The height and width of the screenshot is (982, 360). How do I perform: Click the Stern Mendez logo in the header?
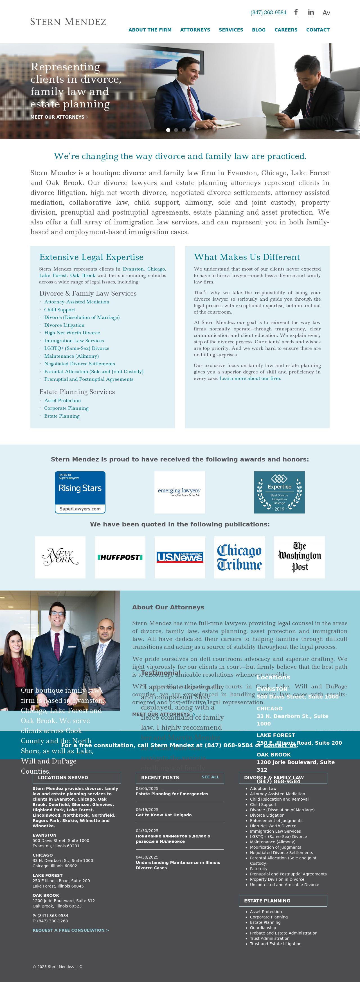(x=68, y=22)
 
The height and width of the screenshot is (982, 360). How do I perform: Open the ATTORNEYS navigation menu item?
(x=195, y=30)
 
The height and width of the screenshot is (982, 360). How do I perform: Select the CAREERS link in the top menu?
(x=286, y=30)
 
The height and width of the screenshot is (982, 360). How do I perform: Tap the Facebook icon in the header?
(x=296, y=13)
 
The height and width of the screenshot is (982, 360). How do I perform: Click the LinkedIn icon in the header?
(x=311, y=13)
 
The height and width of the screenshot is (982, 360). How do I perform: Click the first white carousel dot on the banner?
(x=168, y=130)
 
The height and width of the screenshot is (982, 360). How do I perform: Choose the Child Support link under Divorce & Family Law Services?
(x=60, y=310)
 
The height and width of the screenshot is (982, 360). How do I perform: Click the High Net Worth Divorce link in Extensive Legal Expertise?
(x=72, y=333)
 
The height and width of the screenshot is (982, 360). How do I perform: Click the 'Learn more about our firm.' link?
(x=250, y=379)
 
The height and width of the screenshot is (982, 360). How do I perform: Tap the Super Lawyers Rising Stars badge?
(x=80, y=492)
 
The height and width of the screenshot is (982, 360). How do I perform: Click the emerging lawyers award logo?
(x=180, y=492)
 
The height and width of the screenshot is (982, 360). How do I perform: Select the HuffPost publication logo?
(x=120, y=557)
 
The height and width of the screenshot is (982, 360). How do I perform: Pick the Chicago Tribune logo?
(x=240, y=557)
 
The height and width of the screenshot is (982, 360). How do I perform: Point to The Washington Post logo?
(x=299, y=557)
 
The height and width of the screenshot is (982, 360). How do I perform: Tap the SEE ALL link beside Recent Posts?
(x=210, y=777)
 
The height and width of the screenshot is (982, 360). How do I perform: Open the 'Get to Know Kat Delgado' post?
(x=164, y=815)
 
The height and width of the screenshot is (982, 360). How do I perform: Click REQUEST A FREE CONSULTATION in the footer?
(x=71, y=930)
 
